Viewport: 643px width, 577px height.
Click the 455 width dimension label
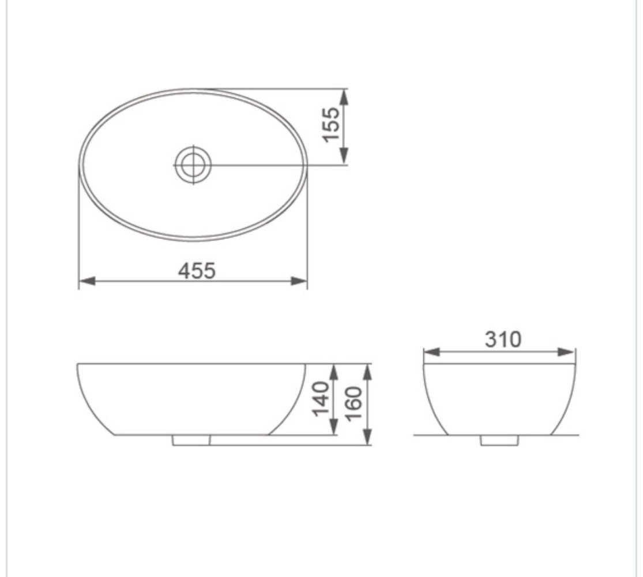point(197,271)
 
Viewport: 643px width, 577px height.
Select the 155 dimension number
point(331,125)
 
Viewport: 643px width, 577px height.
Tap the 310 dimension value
point(503,339)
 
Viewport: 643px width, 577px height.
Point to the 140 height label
point(321,399)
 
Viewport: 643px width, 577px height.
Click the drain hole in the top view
point(193,165)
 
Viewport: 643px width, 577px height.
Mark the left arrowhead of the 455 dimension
point(87,281)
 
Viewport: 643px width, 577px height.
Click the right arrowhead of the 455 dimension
point(299,281)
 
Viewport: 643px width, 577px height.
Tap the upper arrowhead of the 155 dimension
point(344,97)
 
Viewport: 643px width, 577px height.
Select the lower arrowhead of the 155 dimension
point(344,156)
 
